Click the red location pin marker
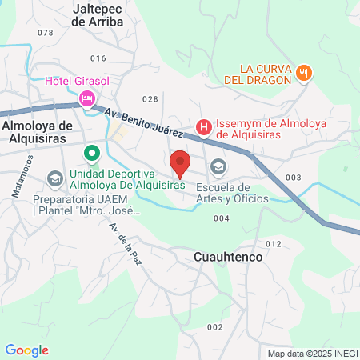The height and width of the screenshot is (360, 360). (x=180, y=163)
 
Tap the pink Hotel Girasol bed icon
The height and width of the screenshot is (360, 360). (x=86, y=98)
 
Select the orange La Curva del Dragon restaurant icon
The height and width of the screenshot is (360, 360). (x=303, y=73)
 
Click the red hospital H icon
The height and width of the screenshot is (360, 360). (x=203, y=127)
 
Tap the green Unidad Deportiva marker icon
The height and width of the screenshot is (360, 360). (x=92, y=152)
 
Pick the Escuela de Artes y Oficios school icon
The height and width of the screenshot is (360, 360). (x=217, y=167)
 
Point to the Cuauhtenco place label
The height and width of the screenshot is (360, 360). (x=228, y=258)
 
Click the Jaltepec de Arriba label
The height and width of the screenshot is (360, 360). (x=97, y=15)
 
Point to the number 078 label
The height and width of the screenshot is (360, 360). (x=45, y=33)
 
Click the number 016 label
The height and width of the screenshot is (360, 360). (x=98, y=58)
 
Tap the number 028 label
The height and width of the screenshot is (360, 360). (x=150, y=99)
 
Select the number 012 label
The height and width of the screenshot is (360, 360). (x=274, y=244)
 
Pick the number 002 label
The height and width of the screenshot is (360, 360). (x=214, y=327)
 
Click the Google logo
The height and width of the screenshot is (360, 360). (x=26, y=350)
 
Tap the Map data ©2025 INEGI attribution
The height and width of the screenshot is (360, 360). (x=312, y=354)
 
